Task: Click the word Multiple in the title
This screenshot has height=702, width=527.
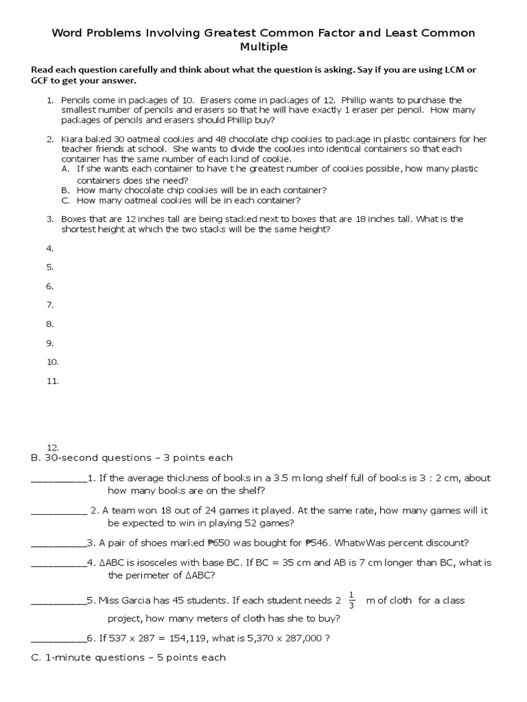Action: click(263, 47)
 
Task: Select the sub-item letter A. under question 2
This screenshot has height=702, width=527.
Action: click(66, 169)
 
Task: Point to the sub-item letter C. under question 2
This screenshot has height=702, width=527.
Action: click(66, 201)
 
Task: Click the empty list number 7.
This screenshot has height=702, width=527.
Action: click(49, 305)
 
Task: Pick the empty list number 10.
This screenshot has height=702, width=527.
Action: click(52, 362)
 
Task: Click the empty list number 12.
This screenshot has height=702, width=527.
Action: click(52, 446)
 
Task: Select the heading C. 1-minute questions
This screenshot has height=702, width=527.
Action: click(129, 657)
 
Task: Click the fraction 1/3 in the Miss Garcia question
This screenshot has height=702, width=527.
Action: click(352, 600)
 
